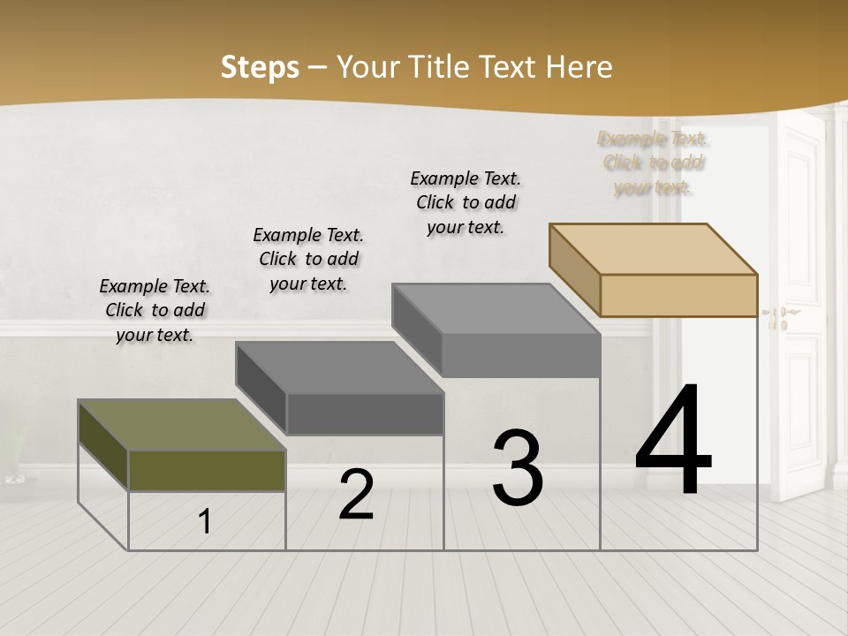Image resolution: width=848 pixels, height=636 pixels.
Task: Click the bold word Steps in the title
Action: coord(260,67)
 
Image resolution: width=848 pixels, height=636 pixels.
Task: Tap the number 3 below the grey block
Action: coord(518,467)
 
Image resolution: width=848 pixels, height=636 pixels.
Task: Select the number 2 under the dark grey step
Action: coord(356,496)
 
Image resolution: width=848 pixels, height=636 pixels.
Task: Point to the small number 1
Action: coord(205,522)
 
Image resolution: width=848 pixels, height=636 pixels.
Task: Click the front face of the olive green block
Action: coord(208,471)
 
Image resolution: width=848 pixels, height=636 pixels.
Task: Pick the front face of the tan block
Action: coord(678,295)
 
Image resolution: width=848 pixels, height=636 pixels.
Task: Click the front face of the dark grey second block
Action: coord(365,413)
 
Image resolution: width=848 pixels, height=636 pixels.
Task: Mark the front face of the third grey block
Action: coord(521,356)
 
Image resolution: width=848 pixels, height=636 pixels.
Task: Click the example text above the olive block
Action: coord(155,310)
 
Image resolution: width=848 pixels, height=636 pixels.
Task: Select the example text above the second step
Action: coord(308,259)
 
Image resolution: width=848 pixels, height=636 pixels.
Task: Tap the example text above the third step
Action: coord(466,202)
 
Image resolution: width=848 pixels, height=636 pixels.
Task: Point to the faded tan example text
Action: coord(654,163)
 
